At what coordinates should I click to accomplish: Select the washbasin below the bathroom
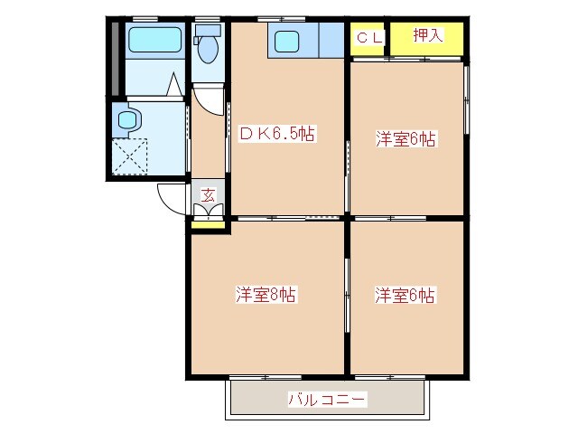(x=126, y=118)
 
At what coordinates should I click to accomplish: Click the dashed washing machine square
(x=129, y=156)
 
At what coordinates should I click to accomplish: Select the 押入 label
(x=426, y=36)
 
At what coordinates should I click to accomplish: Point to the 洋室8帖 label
(x=266, y=294)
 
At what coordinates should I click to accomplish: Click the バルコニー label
(x=327, y=398)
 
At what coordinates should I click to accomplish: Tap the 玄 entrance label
(x=207, y=194)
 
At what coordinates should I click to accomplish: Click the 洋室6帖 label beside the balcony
(x=406, y=295)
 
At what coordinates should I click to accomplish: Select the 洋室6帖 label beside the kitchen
(x=406, y=139)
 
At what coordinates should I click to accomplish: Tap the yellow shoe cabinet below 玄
(x=209, y=224)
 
